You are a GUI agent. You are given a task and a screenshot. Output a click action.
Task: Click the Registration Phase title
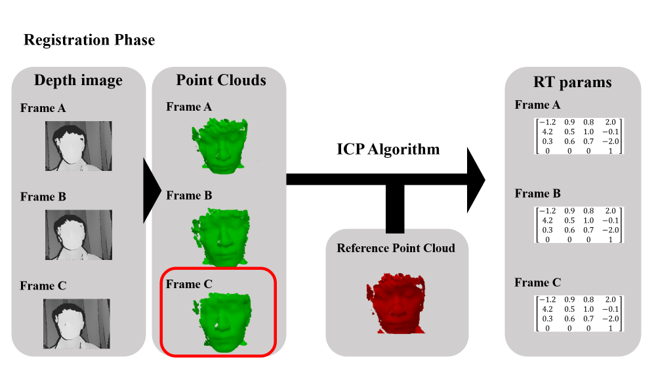click(89, 40)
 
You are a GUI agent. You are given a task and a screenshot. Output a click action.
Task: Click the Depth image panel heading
click(78, 81)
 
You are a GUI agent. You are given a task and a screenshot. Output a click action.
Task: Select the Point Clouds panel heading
click(221, 81)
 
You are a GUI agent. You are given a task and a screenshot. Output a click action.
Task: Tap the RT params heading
click(573, 82)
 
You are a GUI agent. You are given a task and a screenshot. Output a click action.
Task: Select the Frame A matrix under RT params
click(579, 136)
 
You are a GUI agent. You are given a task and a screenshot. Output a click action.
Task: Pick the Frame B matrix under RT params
click(579, 225)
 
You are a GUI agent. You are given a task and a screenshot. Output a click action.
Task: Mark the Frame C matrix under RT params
click(579, 314)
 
